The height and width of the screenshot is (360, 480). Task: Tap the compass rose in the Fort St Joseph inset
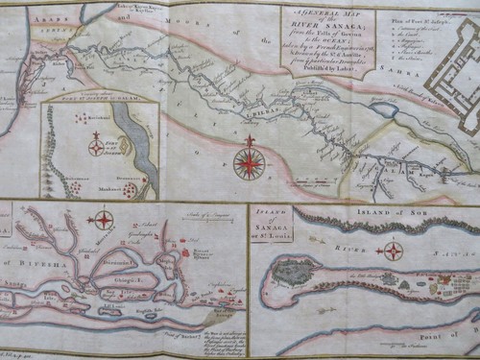click(96, 147)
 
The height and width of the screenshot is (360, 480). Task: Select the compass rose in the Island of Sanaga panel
click(394, 252)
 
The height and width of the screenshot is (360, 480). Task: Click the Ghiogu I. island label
click(129, 279)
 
